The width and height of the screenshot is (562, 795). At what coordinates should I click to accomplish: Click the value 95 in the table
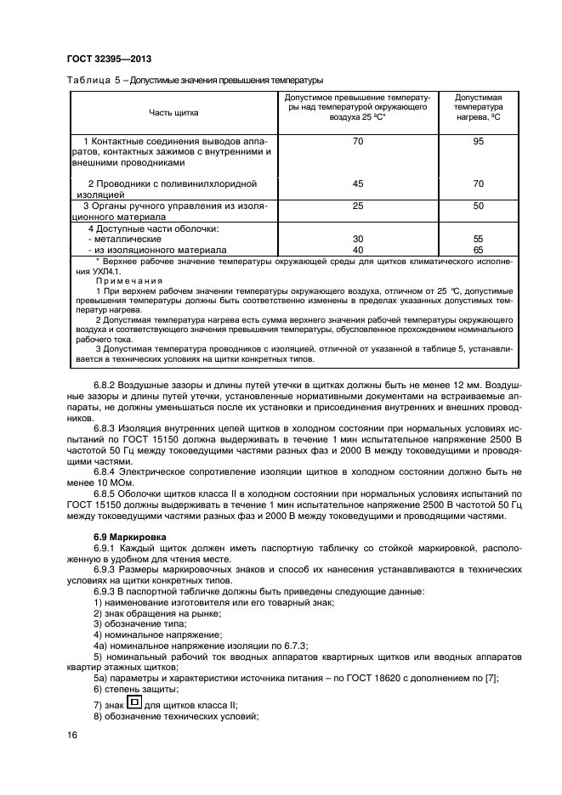tap(478, 140)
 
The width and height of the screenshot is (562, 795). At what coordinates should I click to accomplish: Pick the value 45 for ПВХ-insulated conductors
tap(357, 183)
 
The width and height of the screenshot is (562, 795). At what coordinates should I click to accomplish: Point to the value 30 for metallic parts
tap(357, 240)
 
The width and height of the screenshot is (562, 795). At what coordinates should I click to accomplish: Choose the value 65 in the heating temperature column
tap(478, 251)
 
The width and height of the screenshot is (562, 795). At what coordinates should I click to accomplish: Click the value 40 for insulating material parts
tap(357, 251)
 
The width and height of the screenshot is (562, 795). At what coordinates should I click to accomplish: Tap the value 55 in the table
tap(478, 240)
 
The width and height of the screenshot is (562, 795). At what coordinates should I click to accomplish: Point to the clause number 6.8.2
tap(105, 386)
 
